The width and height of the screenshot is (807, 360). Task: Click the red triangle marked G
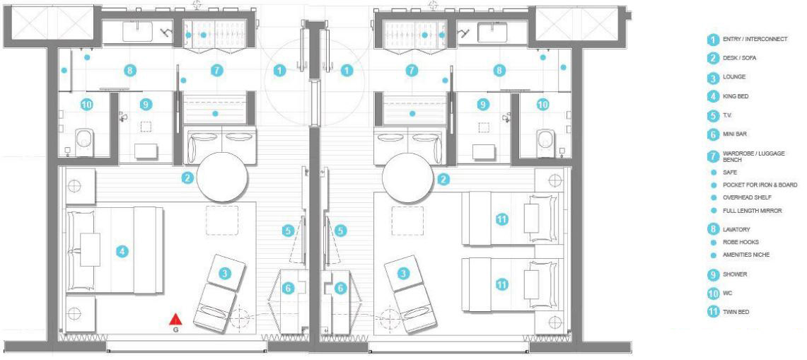[175, 320]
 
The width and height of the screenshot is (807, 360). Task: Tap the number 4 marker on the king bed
[122, 252]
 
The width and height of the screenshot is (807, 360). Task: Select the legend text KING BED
[736, 96]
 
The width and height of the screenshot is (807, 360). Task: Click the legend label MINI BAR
[734, 134]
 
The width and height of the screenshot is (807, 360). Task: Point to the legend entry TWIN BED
[736, 312]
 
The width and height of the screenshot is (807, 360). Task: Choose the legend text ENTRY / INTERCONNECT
[755, 39]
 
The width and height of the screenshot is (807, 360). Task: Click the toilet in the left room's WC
[84, 141]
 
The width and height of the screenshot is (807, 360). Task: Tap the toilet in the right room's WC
[545, 141]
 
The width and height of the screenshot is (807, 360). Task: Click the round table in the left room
[222, 177]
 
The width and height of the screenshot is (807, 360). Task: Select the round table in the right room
[407, 177]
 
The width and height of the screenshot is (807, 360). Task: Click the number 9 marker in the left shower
[146, 105]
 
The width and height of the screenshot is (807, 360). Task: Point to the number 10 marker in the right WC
[543, 105]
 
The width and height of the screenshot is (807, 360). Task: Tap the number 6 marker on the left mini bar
[289, 289]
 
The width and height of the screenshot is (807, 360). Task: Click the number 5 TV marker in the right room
[340, 231]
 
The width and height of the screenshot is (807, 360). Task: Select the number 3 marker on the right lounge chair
[404, 274]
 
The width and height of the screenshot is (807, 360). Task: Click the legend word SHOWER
[735, 274]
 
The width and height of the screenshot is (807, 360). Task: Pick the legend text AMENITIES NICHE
[746, 255]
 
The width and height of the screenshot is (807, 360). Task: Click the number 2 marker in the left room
[187, 178]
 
